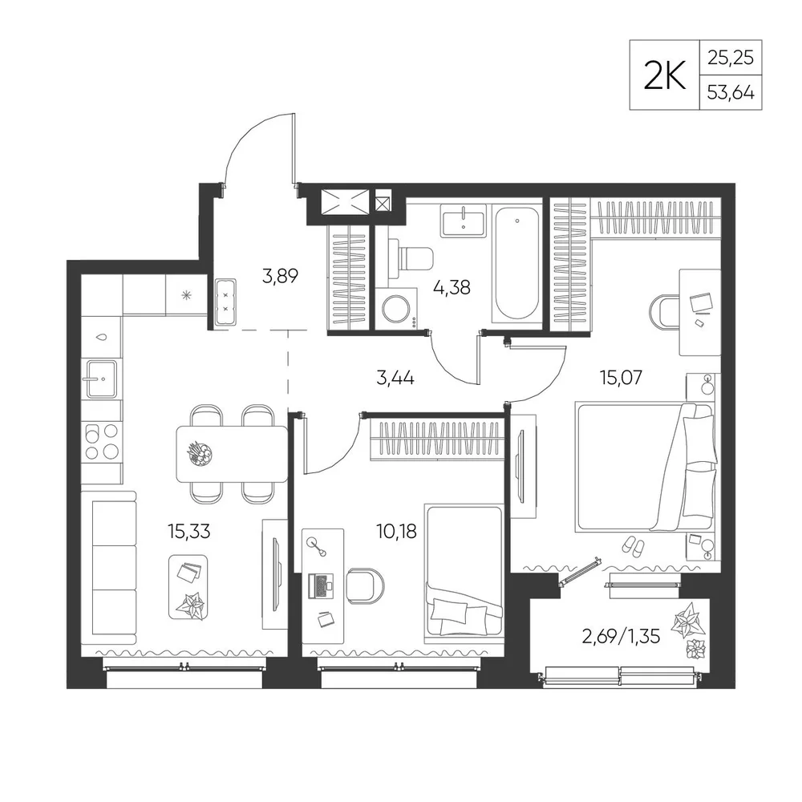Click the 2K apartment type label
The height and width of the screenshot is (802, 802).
[x=664, y=75]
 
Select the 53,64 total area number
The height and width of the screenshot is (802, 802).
[x=731, y=92]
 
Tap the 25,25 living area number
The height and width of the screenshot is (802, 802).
[x=731, y=58]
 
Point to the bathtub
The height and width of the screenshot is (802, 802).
[x=516, y=264]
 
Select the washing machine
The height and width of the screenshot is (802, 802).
[x=395, y=307]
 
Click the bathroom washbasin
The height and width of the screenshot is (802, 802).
[x=464, y=221]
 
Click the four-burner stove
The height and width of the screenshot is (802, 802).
[x=101, y=441]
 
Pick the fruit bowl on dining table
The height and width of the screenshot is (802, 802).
[x=200, y=452]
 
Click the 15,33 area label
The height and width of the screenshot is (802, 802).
[x=188, y=532]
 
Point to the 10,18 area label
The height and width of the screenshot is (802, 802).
[x=396, y=532]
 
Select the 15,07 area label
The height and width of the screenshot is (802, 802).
[x=621, y=378]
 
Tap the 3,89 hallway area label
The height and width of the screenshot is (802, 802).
[x=280, y=276]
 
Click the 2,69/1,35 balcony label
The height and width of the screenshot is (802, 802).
[x=621, y=637]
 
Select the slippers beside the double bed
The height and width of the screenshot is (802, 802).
[x=634, y=546]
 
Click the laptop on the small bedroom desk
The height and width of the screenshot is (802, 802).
[x=320, y=585]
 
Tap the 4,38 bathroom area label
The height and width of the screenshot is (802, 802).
[x=451, y=287]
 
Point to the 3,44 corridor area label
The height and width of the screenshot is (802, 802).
[x=395, y=379]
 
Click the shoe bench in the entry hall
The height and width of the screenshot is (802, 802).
[x=225, y=302]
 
